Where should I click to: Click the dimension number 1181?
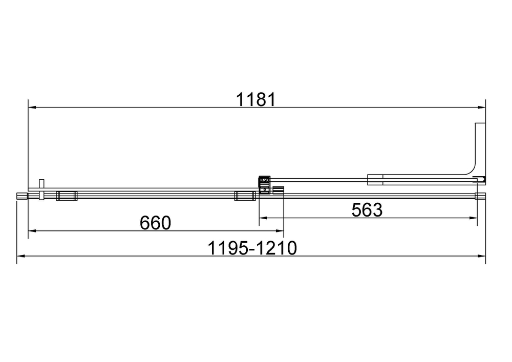(x=255, y=99)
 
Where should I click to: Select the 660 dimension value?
(x=156, y=223)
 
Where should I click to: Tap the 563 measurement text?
(x=367, y=210)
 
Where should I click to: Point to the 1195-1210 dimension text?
(x=252, y=248)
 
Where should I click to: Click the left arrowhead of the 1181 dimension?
(x=32, y=108)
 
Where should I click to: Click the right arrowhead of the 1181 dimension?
(x=482, y=108)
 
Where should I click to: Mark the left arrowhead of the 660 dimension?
(x=32, y=231)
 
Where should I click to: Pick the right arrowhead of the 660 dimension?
(x=280, y=231)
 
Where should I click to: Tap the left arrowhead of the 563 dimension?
(x=263, y=218)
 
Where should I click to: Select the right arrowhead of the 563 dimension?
(x=474, y=218)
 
